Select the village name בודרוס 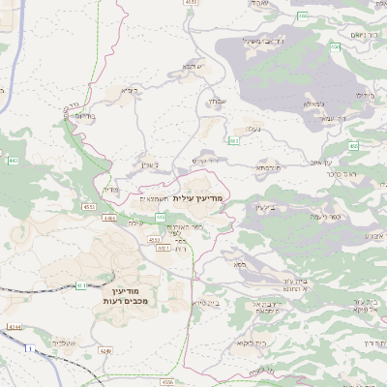(x=84, y=115)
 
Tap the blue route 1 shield (x=31, y=347)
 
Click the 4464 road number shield (x=108, y=219)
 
